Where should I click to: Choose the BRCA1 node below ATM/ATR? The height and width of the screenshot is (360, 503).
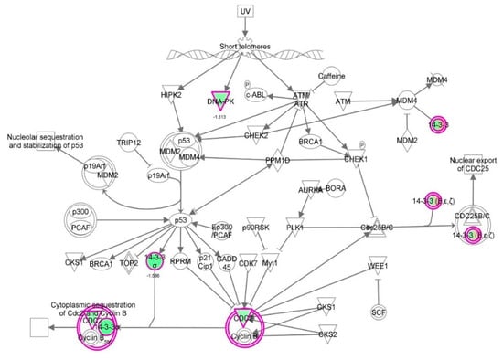point(310,142)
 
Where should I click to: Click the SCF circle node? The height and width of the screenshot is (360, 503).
point(379,312)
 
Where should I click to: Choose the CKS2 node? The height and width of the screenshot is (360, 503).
point(327,335)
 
